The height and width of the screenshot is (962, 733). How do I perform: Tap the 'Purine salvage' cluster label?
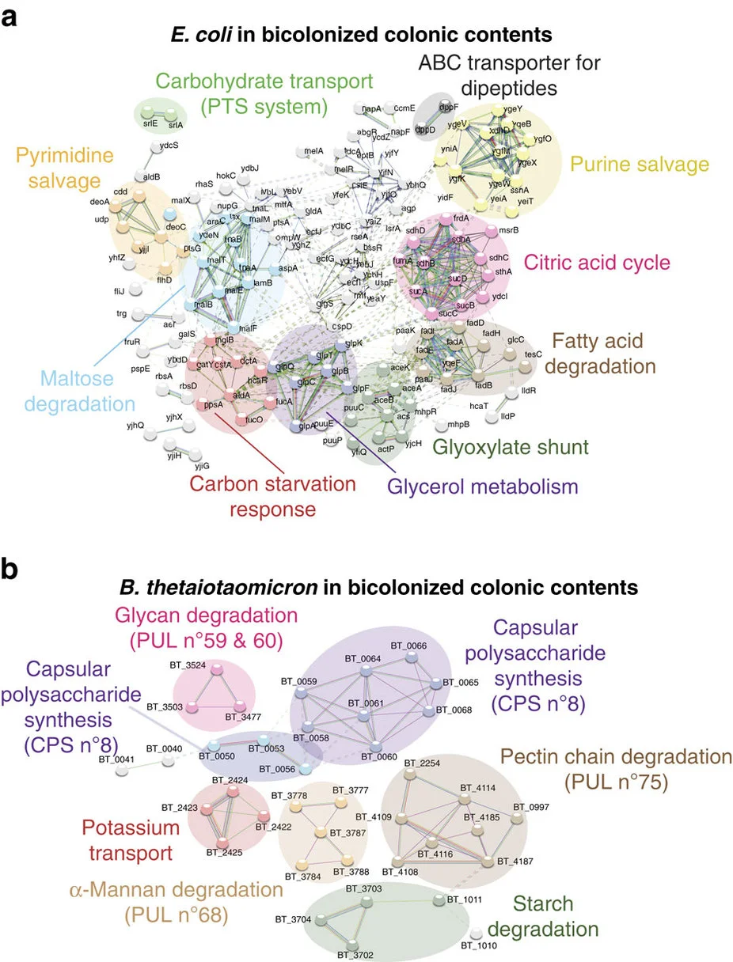(x=640, y=165)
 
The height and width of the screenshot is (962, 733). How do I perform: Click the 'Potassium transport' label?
(x=141, y=842)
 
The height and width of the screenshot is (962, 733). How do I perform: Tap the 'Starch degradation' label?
(x=554, y=915)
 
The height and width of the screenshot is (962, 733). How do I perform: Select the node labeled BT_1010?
(x=477, y=934)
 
